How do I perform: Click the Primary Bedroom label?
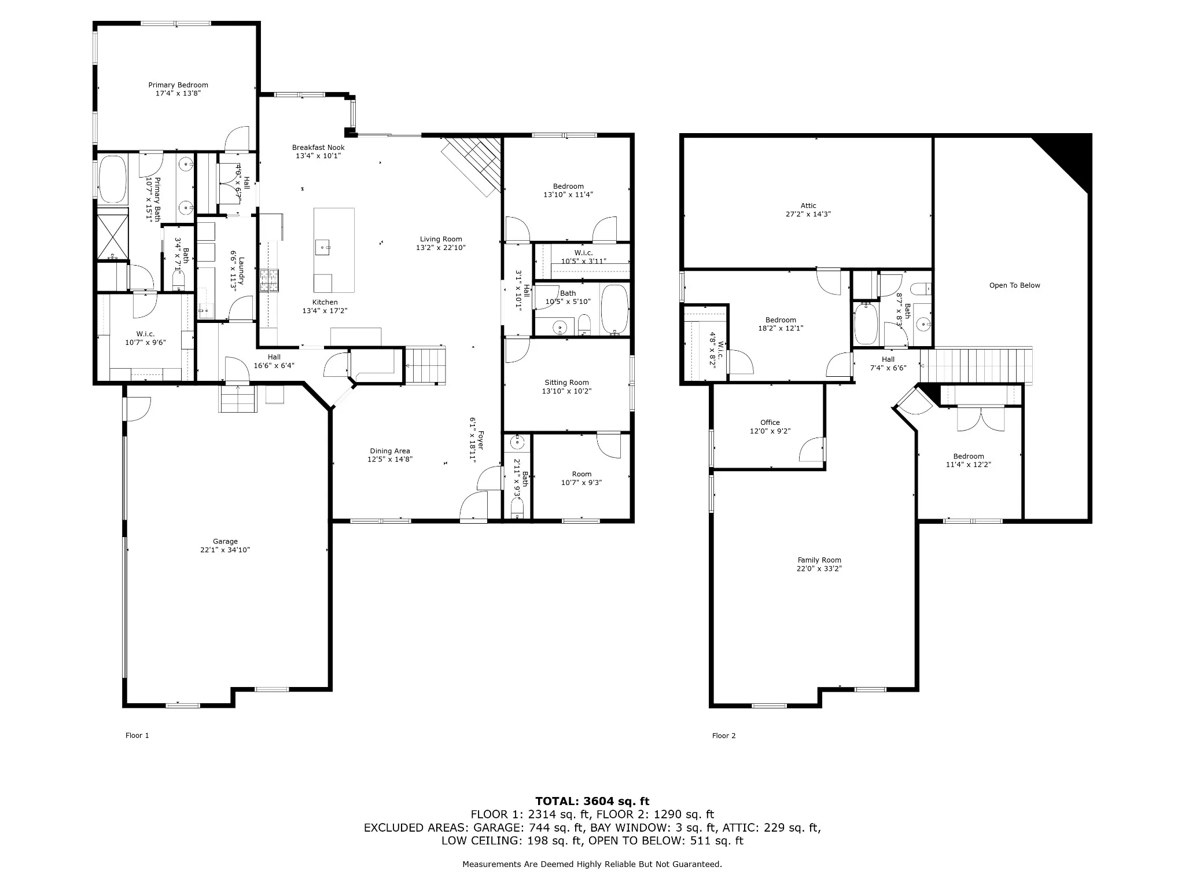[178, 85]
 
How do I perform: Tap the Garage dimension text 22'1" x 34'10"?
[225, 550]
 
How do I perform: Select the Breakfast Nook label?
[318, 148]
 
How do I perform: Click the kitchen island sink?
[323, 247]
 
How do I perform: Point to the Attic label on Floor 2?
[808, 205]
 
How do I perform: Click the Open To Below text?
[1014, 285]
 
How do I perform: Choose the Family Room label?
[819, 560]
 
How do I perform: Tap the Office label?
[770, 423]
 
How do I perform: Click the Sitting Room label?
[566, 383]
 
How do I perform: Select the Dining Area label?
[390, 451]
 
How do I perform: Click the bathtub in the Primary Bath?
[113, 179]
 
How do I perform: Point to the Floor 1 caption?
[137, 736]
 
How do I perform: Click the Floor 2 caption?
[724, 736]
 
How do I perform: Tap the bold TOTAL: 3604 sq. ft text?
[592, 802]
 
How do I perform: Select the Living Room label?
[441, 239]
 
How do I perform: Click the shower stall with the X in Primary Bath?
[113, 236]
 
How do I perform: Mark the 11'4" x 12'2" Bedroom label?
[969, 456]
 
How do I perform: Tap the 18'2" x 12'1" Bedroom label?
[781, 320]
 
